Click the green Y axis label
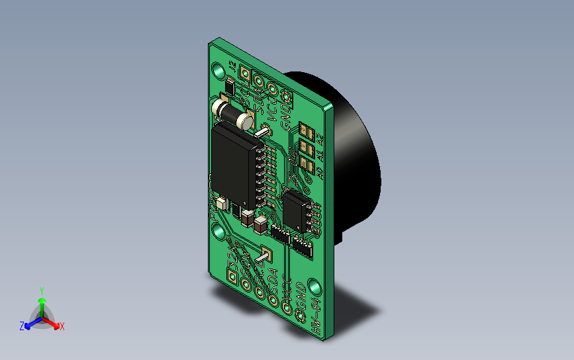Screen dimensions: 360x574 (x=41, y=291)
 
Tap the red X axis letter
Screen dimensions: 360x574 (x=62, y=326)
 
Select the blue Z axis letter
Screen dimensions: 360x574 (x=22, y=326)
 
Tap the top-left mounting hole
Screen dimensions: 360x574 (x=216, y=69)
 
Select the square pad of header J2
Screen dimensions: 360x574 (x=246, y=75)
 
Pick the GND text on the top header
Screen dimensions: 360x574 (x=286, y=114)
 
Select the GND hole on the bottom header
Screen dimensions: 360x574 (x=287, y=306)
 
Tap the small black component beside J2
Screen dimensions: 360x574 (x=230, y=87)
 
